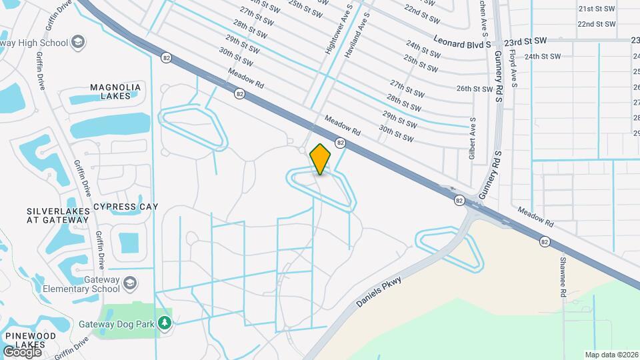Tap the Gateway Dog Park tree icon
(165, 323)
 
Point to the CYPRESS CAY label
(126, 207)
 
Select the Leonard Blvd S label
(462, 41)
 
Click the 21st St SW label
(595, 9)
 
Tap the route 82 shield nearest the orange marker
(340, 143)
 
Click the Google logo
(23, 351)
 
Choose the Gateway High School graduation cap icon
(78, 43)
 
